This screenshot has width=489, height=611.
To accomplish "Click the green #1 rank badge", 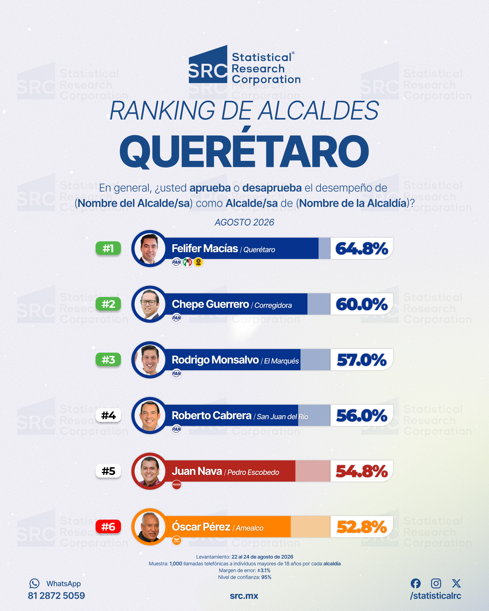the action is point(108,248).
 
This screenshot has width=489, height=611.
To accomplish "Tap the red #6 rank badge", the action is point(108,527).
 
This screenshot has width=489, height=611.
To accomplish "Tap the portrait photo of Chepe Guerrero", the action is point(150,304).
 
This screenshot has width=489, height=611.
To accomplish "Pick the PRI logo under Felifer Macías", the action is point(187,262).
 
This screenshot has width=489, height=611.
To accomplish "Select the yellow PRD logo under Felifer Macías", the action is point(198,262).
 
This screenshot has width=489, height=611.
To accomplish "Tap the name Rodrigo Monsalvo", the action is point(215,360).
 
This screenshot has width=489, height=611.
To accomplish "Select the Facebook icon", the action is point(416,583).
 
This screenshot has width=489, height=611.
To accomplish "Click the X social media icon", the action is point(456,583).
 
